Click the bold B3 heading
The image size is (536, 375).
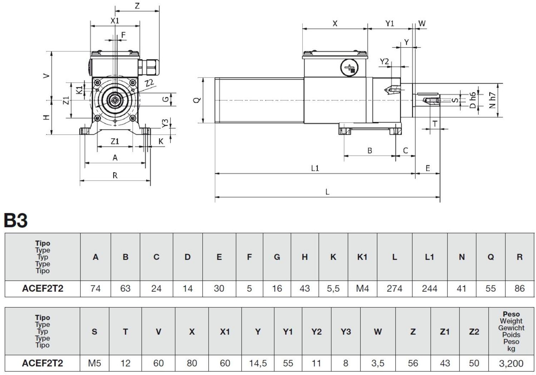[16, 220]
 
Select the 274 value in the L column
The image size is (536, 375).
[394, 288]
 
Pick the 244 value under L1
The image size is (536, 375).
[429, 288]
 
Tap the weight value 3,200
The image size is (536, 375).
[511, 363]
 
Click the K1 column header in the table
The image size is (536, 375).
[362, 257]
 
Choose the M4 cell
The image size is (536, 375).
[362, 288]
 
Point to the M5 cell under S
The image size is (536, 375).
[94, 363]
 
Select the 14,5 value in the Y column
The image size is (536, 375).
[258, 363]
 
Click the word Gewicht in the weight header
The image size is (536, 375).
[511, 328]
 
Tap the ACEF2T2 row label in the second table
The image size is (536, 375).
[43, 363]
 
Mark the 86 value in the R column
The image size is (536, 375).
[519, 288]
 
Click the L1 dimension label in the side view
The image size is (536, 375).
[315, 168]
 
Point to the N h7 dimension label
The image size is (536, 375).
[493, 100]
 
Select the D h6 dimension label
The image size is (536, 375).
[473, 100]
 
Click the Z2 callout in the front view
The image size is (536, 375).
[149, 83]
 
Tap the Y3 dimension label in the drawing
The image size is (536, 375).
[165, 123]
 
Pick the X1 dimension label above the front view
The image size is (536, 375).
[115, 21]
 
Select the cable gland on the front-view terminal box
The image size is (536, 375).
[149, 67]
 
